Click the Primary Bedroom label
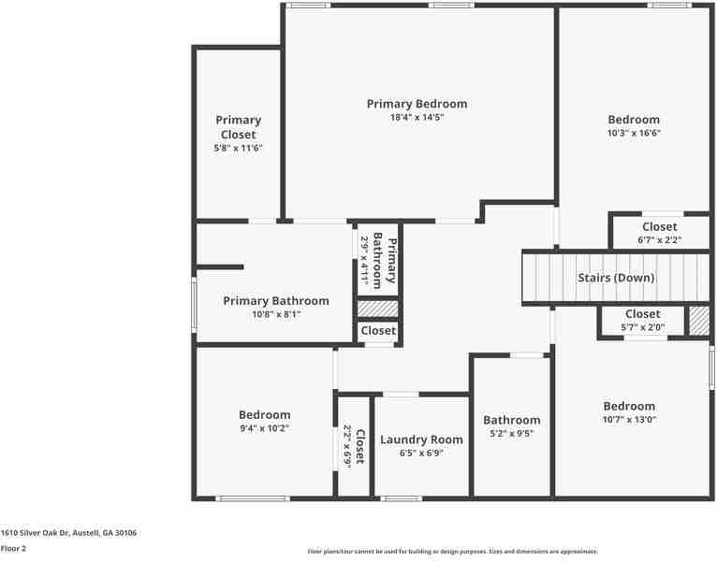click(x=417, y=104)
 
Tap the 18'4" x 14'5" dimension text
click(x=417, y=118)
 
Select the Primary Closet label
click(x=238, y=127)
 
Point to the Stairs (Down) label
click(x=615, y=278)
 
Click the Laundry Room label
click(x=421, y=439)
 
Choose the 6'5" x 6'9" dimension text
click(x=421, y=453)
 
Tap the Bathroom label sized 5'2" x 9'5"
click(x=511, y=420)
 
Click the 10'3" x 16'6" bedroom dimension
click(x=634, y=134)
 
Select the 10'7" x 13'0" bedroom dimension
click(x=629, y=421)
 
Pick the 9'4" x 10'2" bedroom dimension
click(x=264, y=429)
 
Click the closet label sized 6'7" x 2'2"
click(x=659, y=227)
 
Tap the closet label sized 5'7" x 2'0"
click(x=642, y=314)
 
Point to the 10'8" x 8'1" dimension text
click(x=276, y=315)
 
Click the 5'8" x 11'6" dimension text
click(x=238, y=148)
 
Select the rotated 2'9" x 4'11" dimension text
click(x=365, y=259)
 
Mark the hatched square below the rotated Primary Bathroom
click(x=378, y=308)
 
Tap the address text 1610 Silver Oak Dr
click(x=68, y=532)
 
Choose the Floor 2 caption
click(x=13, y=549)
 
